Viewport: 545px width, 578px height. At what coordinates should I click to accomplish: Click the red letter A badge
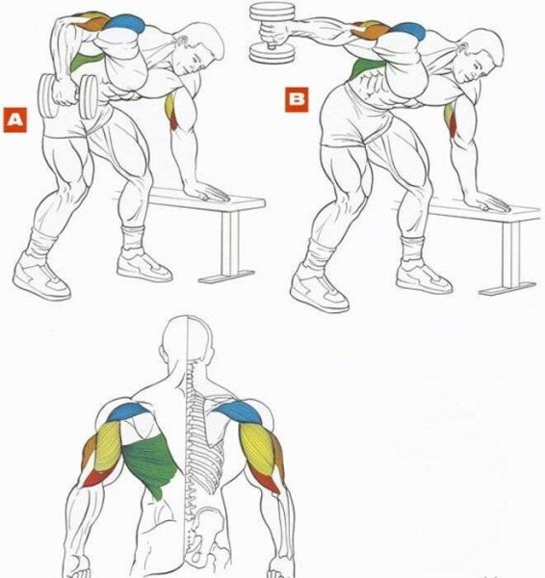(15, 119)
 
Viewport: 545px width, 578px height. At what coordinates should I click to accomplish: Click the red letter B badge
(297, 99)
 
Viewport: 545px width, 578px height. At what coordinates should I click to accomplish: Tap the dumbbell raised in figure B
(272, 33)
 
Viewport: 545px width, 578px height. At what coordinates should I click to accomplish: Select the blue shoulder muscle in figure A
(126, 23)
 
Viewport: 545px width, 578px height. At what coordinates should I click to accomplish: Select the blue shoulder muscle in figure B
(409, 31)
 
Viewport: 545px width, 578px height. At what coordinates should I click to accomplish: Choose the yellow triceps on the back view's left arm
(108, 446)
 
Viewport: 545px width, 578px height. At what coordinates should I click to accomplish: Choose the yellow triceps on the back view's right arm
(258, 448)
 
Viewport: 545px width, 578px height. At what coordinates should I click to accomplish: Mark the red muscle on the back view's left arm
(95, 479)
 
